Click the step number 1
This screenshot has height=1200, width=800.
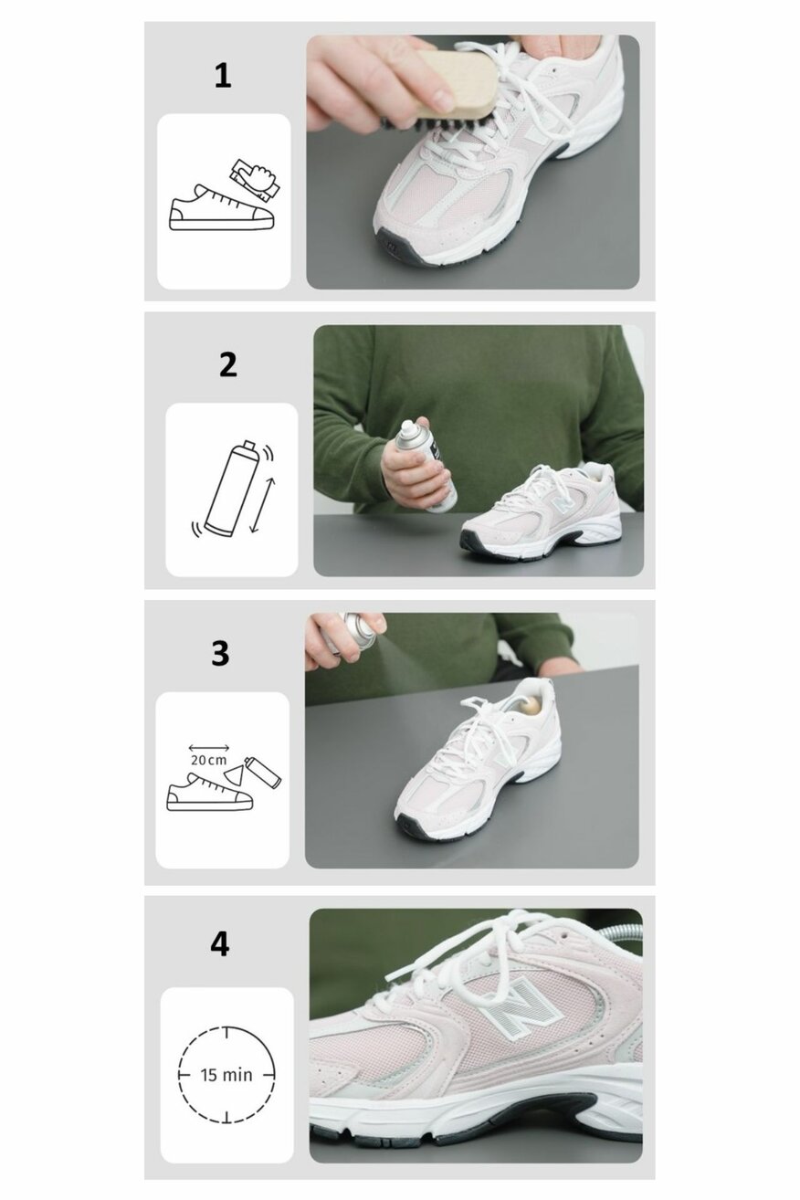223,76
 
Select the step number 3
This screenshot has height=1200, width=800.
220,653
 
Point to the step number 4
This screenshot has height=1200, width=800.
220,944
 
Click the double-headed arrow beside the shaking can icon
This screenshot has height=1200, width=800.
263,505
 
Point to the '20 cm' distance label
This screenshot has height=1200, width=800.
209,760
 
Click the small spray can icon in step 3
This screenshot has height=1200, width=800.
262,772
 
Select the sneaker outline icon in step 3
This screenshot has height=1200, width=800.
209,791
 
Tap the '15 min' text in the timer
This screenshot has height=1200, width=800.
226,1074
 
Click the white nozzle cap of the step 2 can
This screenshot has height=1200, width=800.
408,427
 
